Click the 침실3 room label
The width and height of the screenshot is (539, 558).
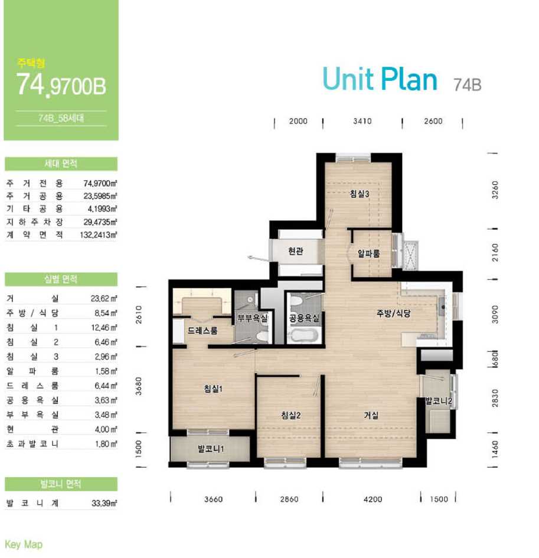(360, 194)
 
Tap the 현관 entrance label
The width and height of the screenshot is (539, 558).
(296, 251)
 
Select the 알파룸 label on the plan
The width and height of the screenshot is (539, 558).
(368, 253)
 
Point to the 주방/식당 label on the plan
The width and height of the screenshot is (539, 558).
(394, 313)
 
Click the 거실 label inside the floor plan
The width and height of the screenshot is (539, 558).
(371, 415)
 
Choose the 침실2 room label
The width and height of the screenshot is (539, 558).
(291, 415)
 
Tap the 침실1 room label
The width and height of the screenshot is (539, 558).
(213, 389)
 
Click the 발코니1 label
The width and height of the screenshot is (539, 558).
(211, 449)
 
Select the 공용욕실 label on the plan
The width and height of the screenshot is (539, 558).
(304, 318)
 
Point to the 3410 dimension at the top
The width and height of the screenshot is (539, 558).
(362, 122)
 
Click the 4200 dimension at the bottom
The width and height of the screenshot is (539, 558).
(373, 500)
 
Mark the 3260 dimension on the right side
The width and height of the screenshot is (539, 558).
(495, 190)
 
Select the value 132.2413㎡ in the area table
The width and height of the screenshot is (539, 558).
(99, 235)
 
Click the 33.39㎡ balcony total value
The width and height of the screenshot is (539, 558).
(104, 503)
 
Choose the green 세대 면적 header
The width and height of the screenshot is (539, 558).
(61, 164)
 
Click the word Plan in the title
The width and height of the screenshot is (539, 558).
(409, 79)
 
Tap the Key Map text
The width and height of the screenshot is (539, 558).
(24, 544)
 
